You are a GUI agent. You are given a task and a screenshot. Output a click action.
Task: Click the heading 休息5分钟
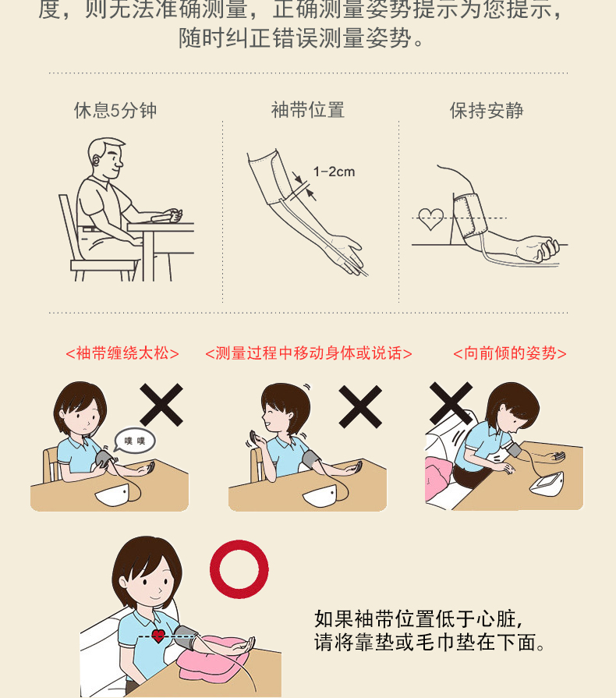coord(115,111)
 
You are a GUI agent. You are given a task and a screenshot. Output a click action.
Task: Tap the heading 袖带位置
coord(308,110)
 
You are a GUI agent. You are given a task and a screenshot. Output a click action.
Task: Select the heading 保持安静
coord(487,111)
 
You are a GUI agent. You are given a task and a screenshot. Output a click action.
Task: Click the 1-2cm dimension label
coord(334,172)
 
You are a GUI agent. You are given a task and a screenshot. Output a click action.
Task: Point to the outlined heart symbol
coord(431,219)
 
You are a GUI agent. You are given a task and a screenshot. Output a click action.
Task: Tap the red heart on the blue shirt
coord(158,636)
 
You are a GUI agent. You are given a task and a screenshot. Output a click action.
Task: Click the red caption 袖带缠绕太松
coord(122,353)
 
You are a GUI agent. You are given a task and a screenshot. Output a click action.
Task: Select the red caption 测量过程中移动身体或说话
coord(309,353)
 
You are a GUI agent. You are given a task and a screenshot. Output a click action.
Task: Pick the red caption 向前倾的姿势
coord(510,353)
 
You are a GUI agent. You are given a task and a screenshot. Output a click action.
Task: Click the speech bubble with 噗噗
coord(135,441)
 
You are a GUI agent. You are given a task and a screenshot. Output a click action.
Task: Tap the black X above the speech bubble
coord(161,405)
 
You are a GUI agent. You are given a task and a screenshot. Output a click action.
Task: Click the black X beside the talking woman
coord(360,406)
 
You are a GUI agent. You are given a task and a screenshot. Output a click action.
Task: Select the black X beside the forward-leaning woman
coord(451,403)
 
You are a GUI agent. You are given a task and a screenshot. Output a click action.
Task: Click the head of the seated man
coord(105,158)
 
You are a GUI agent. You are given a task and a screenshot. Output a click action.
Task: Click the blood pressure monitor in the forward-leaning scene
coord(547,483)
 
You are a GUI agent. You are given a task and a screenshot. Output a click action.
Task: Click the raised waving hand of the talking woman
coord(256,440)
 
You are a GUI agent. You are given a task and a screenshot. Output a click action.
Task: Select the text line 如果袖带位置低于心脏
coord(419,618)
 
